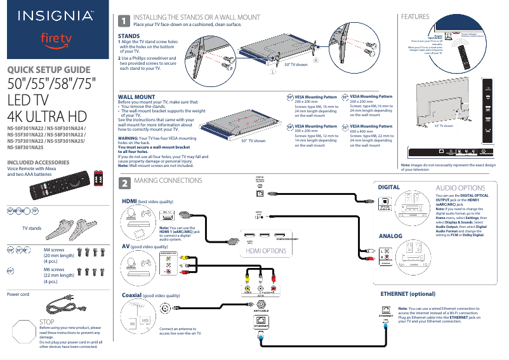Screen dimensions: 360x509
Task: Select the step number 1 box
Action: click(x=126, y=20)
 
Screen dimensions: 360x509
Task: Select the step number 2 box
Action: click(x=126, y=183)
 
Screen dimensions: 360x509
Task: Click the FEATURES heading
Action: click(x=413, y=17)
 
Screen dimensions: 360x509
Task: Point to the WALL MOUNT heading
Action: click(x=136, y=97)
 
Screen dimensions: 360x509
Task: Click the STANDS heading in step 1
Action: click(x=130, y=36)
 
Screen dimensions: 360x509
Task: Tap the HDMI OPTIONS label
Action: click(x=266, y=251)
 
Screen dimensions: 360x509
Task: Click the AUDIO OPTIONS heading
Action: click(x=461, y=189)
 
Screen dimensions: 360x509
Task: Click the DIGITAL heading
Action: click(x=389, y=188)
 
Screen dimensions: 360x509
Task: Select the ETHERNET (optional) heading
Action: click(x=407, y=295)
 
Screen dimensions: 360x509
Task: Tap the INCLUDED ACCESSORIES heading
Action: click(x=37, y=163)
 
